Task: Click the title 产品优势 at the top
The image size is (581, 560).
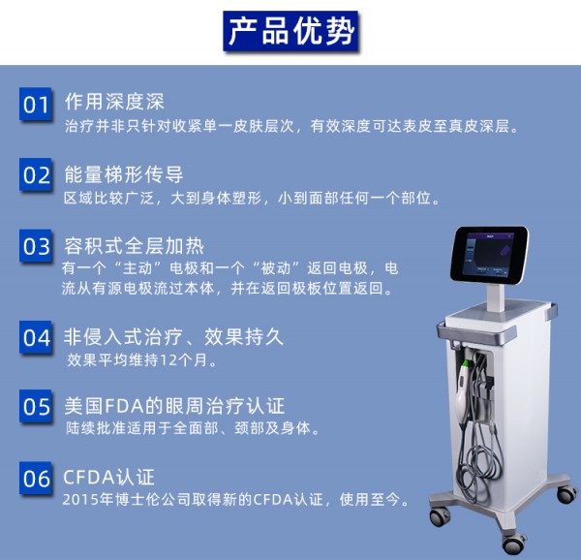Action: [x=290, y=31]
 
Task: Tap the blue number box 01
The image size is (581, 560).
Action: [x=36, y=104]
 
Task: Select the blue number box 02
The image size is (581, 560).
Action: [x=36, y=174]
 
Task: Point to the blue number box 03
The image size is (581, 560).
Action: [x=36, y=246]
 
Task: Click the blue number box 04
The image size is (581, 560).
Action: [x=36, y=337]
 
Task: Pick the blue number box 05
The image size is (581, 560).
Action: [x=36, y=406]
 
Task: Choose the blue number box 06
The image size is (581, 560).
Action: [x=36, y=478]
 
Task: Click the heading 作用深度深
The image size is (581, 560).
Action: [x=114, y=102]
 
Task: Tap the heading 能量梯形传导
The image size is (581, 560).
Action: [x=124, y=174]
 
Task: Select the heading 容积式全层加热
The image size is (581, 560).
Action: [x=135, y=246]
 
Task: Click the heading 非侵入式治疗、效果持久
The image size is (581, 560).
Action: [x=173, y=337]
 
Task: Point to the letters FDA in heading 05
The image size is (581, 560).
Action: [x=124, y=406]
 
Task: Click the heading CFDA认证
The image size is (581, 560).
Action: [x=108, y=477]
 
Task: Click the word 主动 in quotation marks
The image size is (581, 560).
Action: [x=138, y=268]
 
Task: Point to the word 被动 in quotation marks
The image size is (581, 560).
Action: [x=275, y=268]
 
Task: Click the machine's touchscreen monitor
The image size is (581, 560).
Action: [x=489, y=255]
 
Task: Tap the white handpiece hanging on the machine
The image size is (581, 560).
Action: [x=463, y=391]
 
